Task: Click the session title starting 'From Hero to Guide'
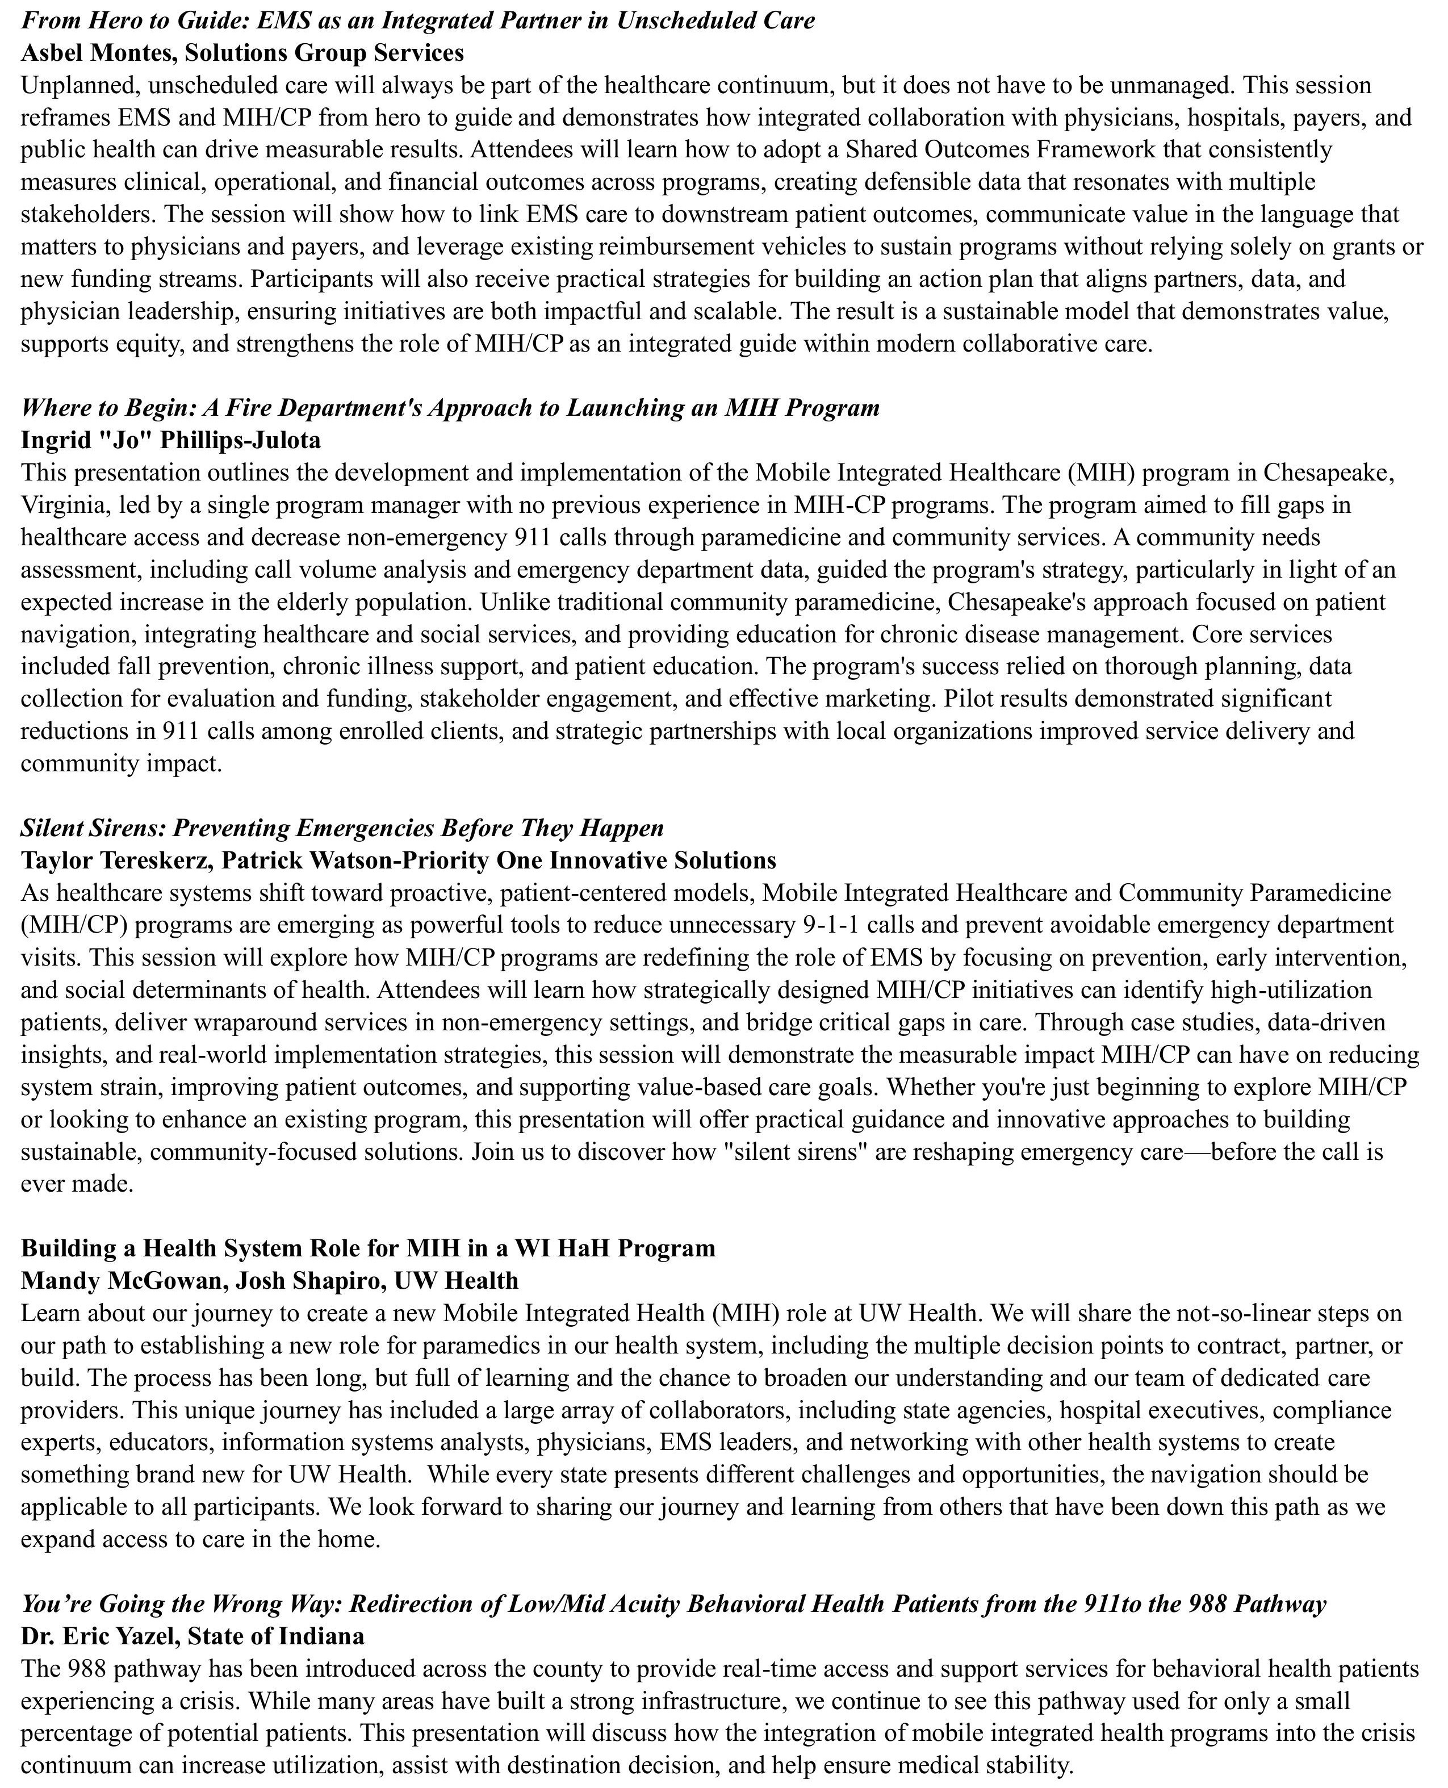pos(417,20)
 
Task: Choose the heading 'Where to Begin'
pos(450,407)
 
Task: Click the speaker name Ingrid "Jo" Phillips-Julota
pos(170,440)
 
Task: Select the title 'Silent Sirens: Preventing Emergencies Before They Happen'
pos(342,828)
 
